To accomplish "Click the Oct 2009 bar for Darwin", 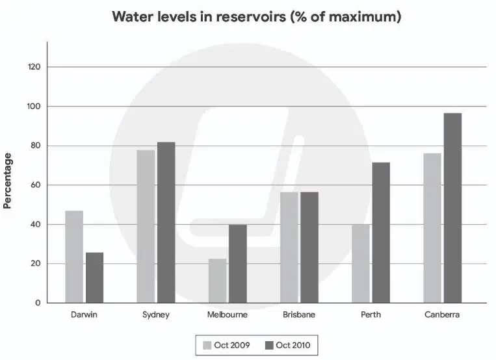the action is [x=74, y=257].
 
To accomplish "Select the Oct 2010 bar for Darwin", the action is [x=94, y=277].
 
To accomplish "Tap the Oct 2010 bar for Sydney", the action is [x=166, y=223].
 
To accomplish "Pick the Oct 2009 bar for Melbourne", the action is [x=218, y=281].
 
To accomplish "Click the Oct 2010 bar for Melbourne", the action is [x=238, y=264].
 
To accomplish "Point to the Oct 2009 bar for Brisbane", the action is [x=289, y=248].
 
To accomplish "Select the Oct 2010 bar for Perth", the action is [x=381, y=233].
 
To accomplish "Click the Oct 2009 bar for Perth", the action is [x=361, y=264].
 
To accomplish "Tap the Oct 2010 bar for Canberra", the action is [x=452, y=208].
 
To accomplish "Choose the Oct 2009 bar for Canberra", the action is [x=432, y=228].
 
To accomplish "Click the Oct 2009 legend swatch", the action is [x=207, y=345].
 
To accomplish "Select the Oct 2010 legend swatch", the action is [x=269, y=345].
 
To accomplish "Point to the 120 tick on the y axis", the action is [x=34, y=67].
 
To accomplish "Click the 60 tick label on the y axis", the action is [x=35, y=185].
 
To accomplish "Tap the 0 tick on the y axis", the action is [x=38, y=303].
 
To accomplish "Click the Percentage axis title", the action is [x=7, y=181].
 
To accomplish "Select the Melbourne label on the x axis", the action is [x=227, y=315].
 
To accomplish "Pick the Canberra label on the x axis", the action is [x=442, y=315].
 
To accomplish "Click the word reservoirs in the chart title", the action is [x=251, y=16].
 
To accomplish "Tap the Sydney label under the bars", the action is [x=156, y=315].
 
